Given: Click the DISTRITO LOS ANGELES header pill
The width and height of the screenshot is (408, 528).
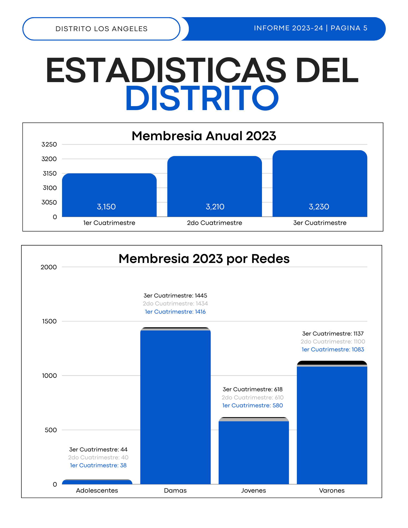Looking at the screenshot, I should click(101, 29).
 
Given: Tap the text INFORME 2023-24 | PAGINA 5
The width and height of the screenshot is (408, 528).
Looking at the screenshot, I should click(311, 28).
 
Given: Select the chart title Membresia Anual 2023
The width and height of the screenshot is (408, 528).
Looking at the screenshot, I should click(204, 136).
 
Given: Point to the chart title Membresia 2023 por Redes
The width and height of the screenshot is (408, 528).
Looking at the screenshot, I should click(204, 259).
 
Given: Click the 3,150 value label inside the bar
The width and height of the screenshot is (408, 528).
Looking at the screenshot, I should click(106, 207).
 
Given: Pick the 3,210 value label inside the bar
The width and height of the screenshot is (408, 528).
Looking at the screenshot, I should click(215, 207).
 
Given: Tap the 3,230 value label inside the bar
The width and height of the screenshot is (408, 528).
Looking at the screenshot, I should click(319, 207).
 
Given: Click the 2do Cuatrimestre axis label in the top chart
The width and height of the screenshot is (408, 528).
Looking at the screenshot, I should click(214, 223).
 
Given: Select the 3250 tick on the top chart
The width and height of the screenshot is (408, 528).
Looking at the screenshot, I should click(49, 144).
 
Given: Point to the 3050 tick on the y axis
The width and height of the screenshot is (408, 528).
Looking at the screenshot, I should click(49, 202).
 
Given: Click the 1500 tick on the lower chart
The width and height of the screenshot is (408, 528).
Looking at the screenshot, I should click(49, 321).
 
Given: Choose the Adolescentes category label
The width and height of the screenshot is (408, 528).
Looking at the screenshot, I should click(97, 491).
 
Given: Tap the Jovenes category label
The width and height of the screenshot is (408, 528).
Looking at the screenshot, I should click(253, 491).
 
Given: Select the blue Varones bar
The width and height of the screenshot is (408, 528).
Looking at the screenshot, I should click(332, 425).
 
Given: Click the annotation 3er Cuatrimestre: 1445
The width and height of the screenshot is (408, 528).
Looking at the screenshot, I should click(175, 296).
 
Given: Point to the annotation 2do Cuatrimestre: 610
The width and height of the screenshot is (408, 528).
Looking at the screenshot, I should click(252, 398).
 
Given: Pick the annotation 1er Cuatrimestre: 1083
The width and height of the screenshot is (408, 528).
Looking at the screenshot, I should click(333, 350).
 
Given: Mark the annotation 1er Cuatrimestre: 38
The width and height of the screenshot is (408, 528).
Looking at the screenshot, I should click(98, 465).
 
